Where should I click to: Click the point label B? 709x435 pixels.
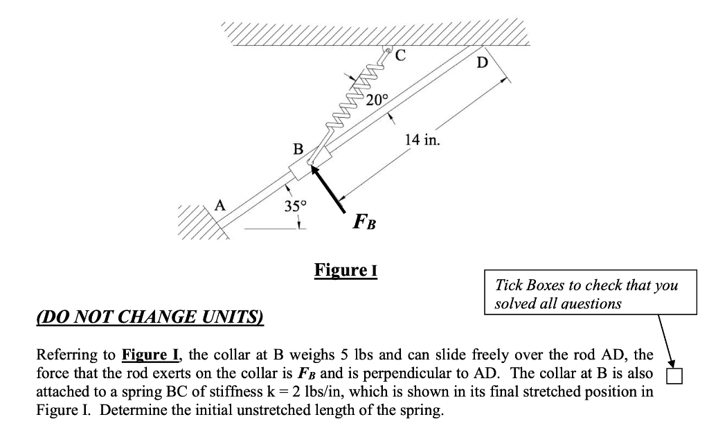[x=298, y=148]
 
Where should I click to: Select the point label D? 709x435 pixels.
[x=483, y=64]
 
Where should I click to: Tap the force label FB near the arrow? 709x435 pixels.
[x=364, y=222]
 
